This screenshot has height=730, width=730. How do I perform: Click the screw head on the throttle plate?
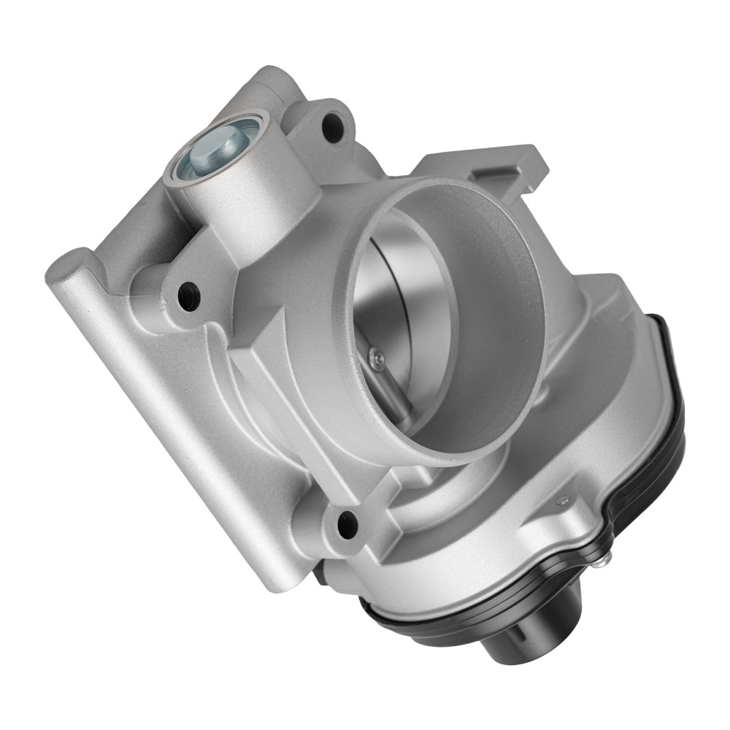coord(377,356)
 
